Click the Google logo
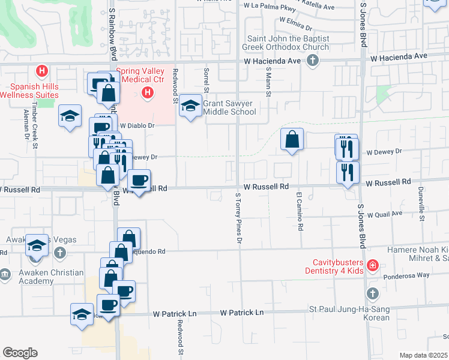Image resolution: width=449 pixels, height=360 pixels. (20, 353)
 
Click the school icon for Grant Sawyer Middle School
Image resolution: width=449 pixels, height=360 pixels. (191, 106)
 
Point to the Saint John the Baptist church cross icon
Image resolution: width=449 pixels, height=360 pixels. (312, 60)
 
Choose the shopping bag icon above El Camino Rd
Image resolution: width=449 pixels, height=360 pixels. (291, 140)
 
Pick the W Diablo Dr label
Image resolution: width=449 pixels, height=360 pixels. (137, 126)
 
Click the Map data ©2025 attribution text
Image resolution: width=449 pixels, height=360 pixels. (423, 355)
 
